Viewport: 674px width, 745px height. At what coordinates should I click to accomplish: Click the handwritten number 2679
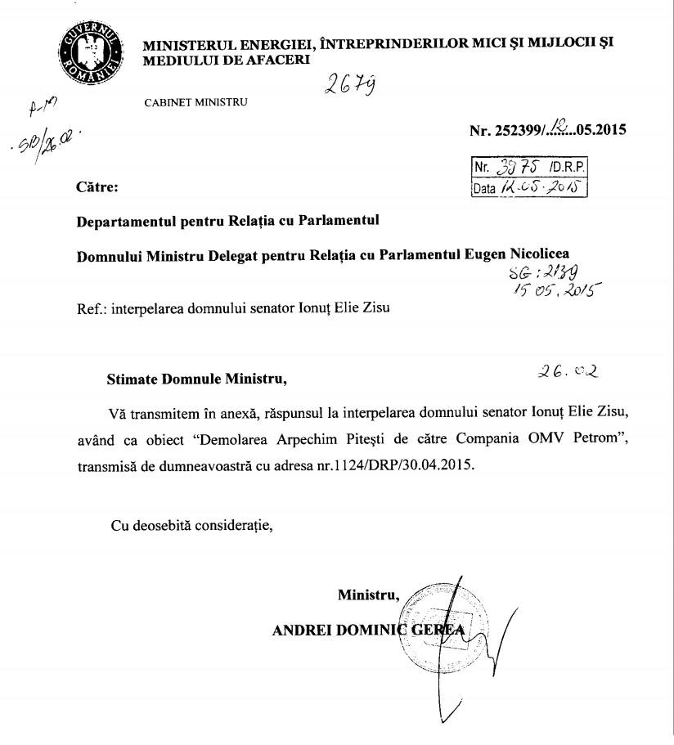click(352, 85)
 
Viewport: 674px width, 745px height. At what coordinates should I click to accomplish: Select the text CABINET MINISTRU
click(195, 102)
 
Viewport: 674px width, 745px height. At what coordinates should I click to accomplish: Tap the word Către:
click(97, 187)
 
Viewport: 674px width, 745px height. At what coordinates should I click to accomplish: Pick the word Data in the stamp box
click(486, 190)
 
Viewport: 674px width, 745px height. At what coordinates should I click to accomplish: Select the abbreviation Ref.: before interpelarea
click(91, 309)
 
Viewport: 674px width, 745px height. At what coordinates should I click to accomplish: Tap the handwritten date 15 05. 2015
click(555, 293)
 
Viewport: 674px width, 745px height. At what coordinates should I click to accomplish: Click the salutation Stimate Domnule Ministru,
click(198, 379)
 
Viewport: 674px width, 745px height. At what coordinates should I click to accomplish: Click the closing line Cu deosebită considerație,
click(191, 525)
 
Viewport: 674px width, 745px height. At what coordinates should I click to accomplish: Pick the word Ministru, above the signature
click(369, 595)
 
